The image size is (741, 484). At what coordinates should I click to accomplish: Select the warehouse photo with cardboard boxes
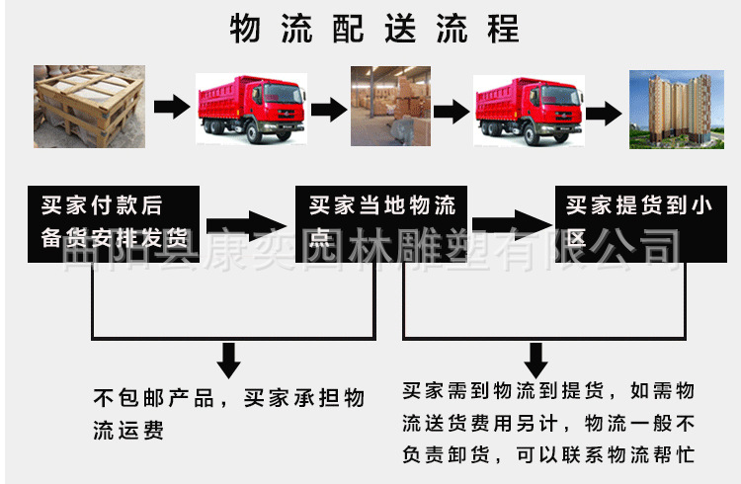coord(390,106)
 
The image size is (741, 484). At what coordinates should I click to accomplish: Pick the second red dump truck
coord(528,108)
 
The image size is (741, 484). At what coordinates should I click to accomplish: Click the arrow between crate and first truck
coord(172,107)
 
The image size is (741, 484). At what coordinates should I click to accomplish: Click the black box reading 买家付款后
coord(115,223)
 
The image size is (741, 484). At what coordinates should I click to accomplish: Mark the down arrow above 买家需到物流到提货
coord(535,360)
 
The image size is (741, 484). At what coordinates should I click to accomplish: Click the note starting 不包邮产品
coord(228,415)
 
